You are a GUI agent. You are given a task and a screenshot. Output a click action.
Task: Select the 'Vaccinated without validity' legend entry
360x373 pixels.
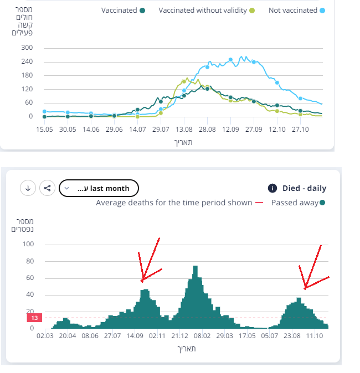point(203,11)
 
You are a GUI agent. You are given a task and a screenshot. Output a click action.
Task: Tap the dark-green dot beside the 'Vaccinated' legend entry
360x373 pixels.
point(143,11)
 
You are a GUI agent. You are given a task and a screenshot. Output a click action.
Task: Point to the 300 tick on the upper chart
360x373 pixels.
point(27,48)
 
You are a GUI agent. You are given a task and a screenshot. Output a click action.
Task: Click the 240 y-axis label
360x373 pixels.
point(27,61)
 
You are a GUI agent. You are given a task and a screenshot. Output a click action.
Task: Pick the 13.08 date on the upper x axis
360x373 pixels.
point(184,129)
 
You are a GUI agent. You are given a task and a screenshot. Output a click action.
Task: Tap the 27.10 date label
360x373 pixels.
point(300,129)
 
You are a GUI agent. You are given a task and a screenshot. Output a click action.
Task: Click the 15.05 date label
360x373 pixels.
point(45,129)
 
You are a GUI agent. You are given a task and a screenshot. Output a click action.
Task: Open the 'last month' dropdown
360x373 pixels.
point(99,188)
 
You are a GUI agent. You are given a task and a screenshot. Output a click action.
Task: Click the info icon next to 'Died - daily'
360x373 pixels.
point(272,188)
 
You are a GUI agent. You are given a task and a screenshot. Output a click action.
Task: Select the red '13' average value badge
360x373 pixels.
point(34,318)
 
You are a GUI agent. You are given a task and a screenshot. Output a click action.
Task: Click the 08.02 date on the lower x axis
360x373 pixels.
point(202,335)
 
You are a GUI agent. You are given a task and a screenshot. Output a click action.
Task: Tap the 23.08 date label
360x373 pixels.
point(292,335)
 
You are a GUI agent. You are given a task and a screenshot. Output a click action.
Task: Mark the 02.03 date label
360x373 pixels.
point(45,335)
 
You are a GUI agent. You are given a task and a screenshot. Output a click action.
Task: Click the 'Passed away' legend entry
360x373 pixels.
point(294,203)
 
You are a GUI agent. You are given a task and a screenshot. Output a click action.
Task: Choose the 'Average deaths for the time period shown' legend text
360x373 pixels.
point(174,203)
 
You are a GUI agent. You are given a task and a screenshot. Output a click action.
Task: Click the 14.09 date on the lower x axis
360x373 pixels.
point(135,335)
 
